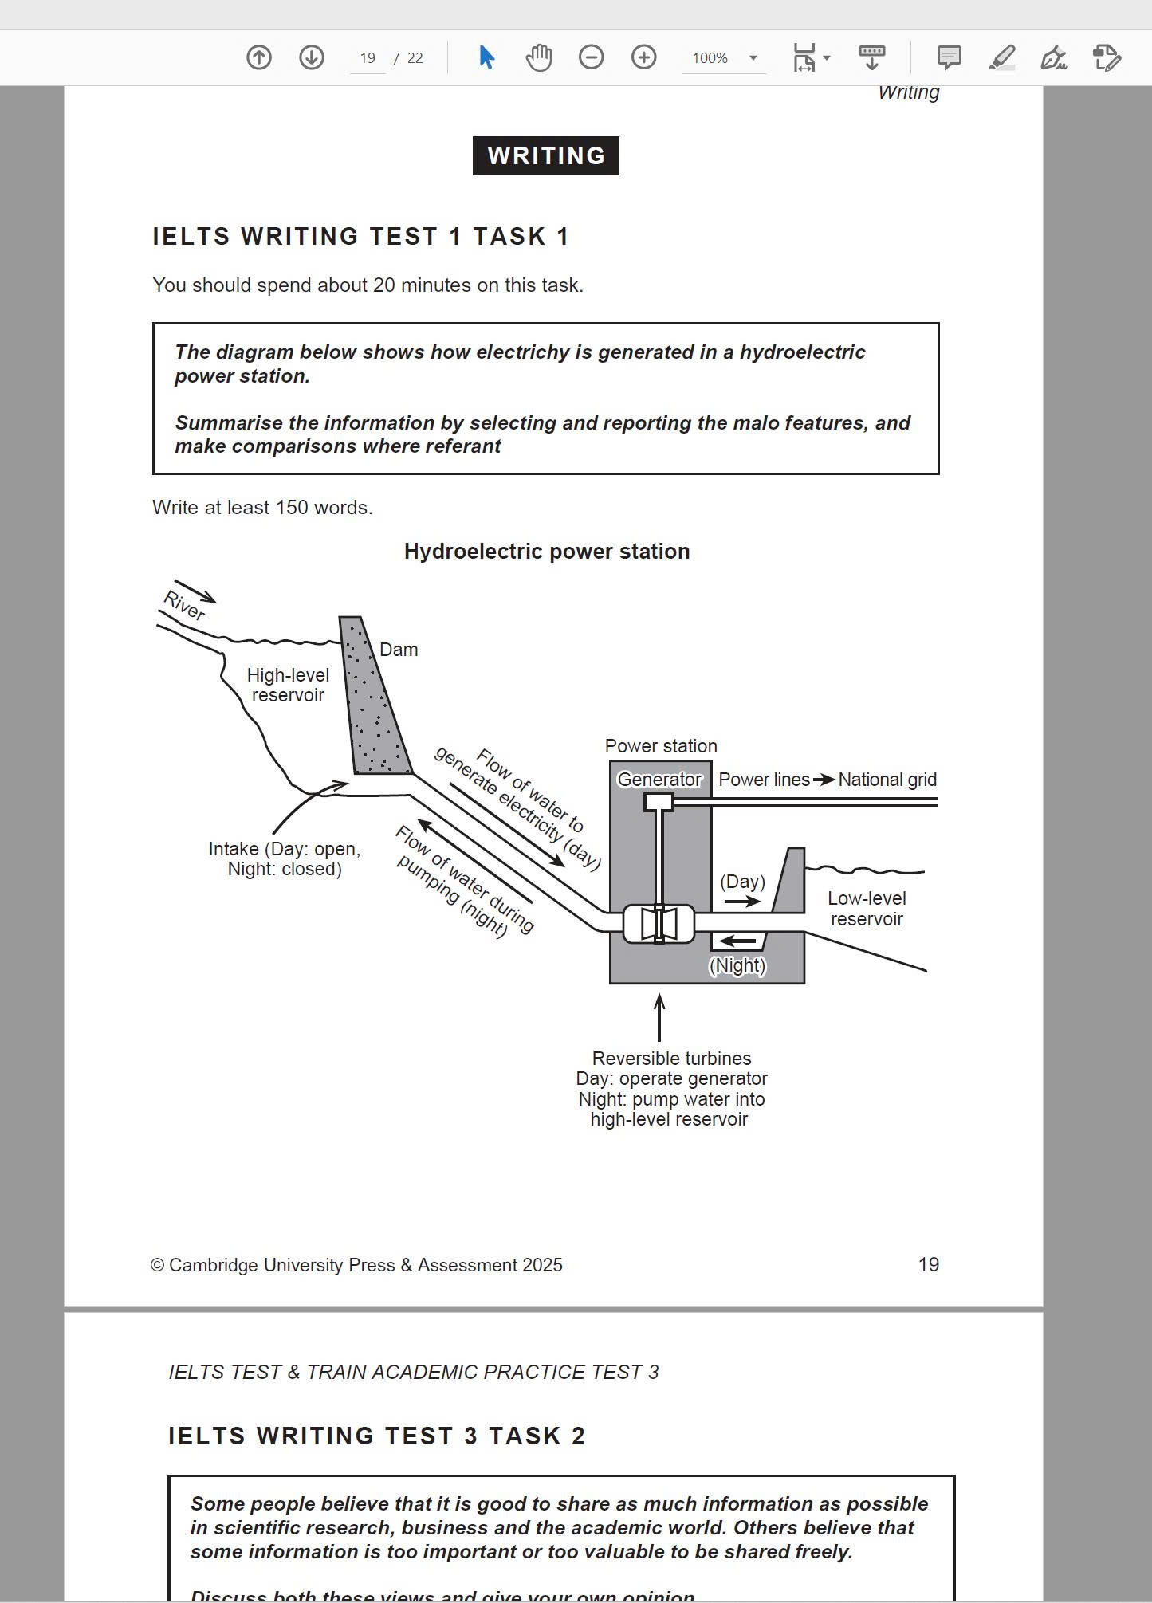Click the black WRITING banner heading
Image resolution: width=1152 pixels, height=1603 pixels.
click(x=545, y=155)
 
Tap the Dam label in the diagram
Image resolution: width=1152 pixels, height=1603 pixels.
click(x=399, y=650)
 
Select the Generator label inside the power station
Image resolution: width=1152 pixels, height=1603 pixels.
click(x=659, y=780)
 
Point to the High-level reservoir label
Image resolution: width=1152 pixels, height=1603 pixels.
click(x=288, y=685)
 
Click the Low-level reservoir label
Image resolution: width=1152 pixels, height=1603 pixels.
click(x=867, y=909)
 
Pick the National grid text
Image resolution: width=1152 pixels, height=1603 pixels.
click(x=887, y=780)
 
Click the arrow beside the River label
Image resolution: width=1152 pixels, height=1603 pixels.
click(x=195, y=591)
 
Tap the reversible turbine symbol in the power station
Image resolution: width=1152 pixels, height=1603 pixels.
click(x=659, y=924)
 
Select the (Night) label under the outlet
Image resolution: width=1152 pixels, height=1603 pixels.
click(x=737, y=965)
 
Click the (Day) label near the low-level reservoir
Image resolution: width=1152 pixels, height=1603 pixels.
click(x=742, y=882)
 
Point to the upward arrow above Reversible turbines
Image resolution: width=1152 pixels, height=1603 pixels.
click(x=659, y=1017)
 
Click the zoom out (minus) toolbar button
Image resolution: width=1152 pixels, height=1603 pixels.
click(x=591, y=57)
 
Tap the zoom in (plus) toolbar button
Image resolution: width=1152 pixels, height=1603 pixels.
click(x=643, y=57)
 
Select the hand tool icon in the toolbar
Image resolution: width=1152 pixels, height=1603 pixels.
click(x=539, y=57)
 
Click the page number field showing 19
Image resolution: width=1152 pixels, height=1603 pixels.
click(x=367, y=58)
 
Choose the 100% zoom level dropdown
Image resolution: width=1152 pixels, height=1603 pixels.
click(x=724, y=58)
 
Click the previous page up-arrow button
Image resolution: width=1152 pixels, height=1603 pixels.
click(x=259, y=57)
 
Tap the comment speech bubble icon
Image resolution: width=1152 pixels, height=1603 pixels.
click(x=949, y=57)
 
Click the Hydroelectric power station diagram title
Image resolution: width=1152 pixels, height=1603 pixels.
click(x=547, y=552)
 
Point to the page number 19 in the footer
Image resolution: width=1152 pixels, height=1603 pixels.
click(x=928, y=1264)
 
